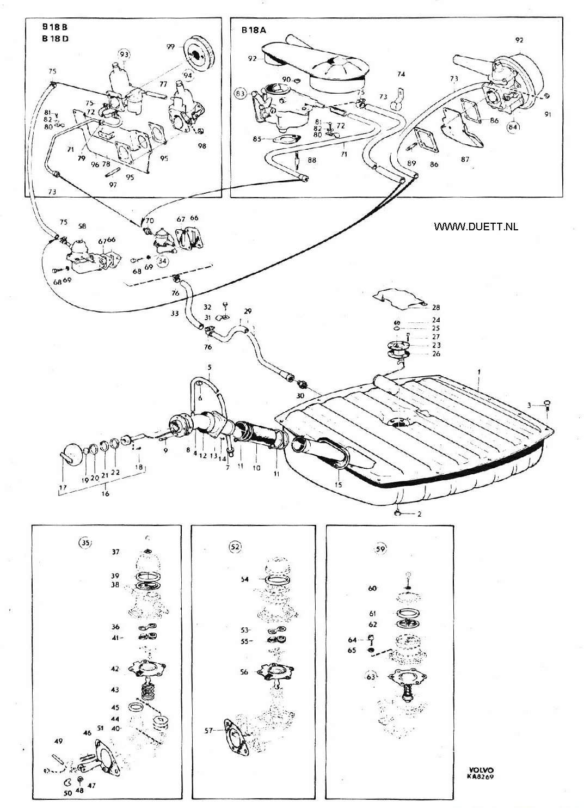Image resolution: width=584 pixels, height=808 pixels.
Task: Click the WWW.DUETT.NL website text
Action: [x=476, y=226]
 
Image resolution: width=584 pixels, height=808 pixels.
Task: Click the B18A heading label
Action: [x=254, y=31]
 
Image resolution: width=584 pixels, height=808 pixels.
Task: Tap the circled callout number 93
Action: [x=125, y=54]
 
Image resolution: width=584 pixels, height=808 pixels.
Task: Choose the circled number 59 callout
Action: [x=380, y=549]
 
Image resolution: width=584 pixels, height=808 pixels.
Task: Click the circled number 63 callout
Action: [x=371, y=677]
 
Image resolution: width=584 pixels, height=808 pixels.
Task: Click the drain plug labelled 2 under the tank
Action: [x=399, y=512]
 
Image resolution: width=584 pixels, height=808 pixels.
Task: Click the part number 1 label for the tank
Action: [x=478, y=371]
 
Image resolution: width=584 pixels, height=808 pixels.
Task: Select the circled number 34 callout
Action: [x=163, y=261]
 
